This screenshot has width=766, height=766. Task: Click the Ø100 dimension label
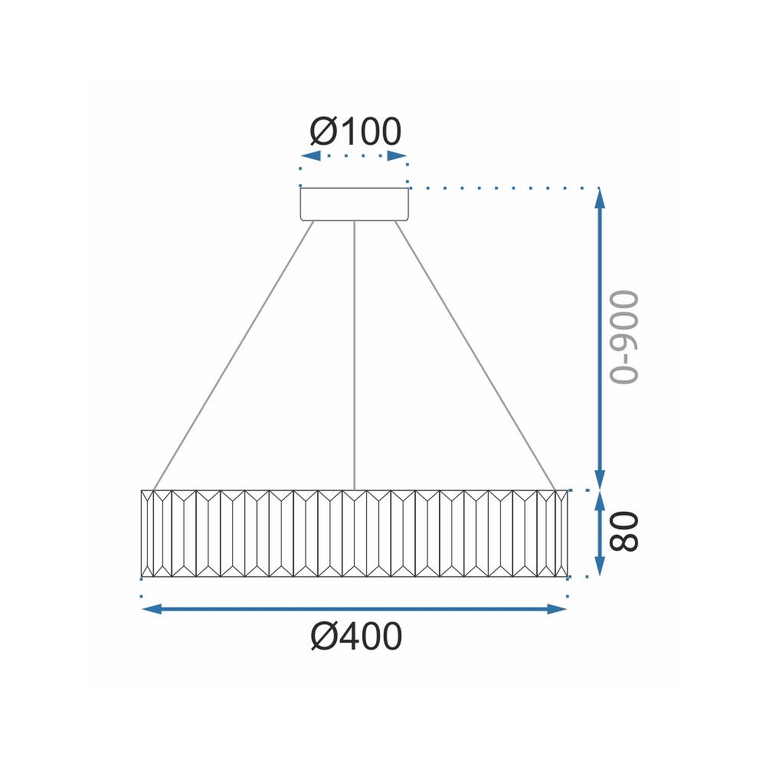(355, 133)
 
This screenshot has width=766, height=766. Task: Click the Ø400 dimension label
(356, 637)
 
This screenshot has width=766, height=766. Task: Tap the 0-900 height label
(622, 337)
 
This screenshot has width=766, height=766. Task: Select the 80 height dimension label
(624, 532)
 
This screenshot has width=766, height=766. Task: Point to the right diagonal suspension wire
(475, 356)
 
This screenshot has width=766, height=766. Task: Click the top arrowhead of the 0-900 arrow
(601, 198)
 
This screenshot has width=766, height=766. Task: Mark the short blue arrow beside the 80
(601, 533)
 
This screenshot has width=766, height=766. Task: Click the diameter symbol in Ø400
(325, 637)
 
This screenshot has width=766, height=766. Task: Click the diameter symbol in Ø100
(324, 133)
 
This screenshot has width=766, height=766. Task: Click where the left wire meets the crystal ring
(154, 489)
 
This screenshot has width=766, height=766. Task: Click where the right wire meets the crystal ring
(555, 489)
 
